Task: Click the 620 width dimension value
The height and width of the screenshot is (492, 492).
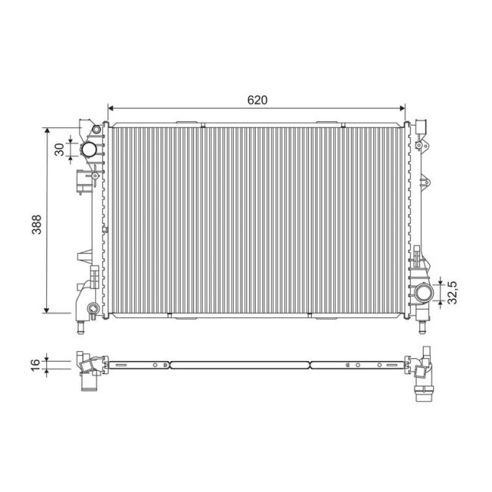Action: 258,99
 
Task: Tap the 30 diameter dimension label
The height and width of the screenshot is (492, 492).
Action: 59,149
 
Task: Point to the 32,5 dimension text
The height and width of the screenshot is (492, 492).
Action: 452,291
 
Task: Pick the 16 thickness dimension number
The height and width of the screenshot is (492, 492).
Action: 36,363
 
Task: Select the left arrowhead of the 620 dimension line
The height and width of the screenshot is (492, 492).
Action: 112,107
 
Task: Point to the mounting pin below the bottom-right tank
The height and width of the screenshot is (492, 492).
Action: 421,329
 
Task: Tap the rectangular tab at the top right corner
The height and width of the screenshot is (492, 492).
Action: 422,125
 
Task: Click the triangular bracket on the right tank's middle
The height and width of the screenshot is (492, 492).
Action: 424,182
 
